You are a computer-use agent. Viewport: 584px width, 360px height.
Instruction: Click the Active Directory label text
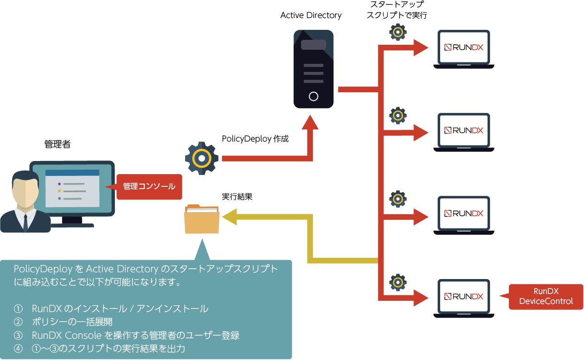pyautogui.click(x=311, y=15)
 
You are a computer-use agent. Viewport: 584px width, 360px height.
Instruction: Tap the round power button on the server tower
pyautogui.click(x=313, y=96)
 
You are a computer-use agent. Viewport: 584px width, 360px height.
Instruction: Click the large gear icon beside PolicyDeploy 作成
pyautogui.click(x=202, y=159)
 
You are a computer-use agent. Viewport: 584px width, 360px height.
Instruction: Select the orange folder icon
pyautogui.click(x=202, y=219)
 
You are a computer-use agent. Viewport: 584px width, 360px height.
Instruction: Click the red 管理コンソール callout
pyautogui.click(x=149, y=186)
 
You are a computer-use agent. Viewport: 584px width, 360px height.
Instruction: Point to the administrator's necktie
pyautogui.click(x=26, y=222)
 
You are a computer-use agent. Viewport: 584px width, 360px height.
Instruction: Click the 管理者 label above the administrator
pyautogui.click(x=57, y=144)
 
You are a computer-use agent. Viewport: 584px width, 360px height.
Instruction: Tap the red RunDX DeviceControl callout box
pyautogui.click(x=546, y=297)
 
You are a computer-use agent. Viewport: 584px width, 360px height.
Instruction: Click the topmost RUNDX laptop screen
pyautogui.click(x=464, y=47)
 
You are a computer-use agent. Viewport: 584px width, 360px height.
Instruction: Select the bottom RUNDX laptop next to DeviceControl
pyautogui.click(x=464, y=297)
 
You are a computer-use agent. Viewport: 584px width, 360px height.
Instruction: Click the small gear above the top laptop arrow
pyautogui.click(x=398, y=32)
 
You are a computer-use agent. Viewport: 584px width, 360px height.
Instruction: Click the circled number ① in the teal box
pyautogui.click(x=19, y=309)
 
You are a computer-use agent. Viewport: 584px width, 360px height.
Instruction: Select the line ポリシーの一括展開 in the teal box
pyautogui.click(x=72, y=322)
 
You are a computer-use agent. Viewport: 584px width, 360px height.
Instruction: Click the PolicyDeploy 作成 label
pyautogui.click(x=255, y=139)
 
